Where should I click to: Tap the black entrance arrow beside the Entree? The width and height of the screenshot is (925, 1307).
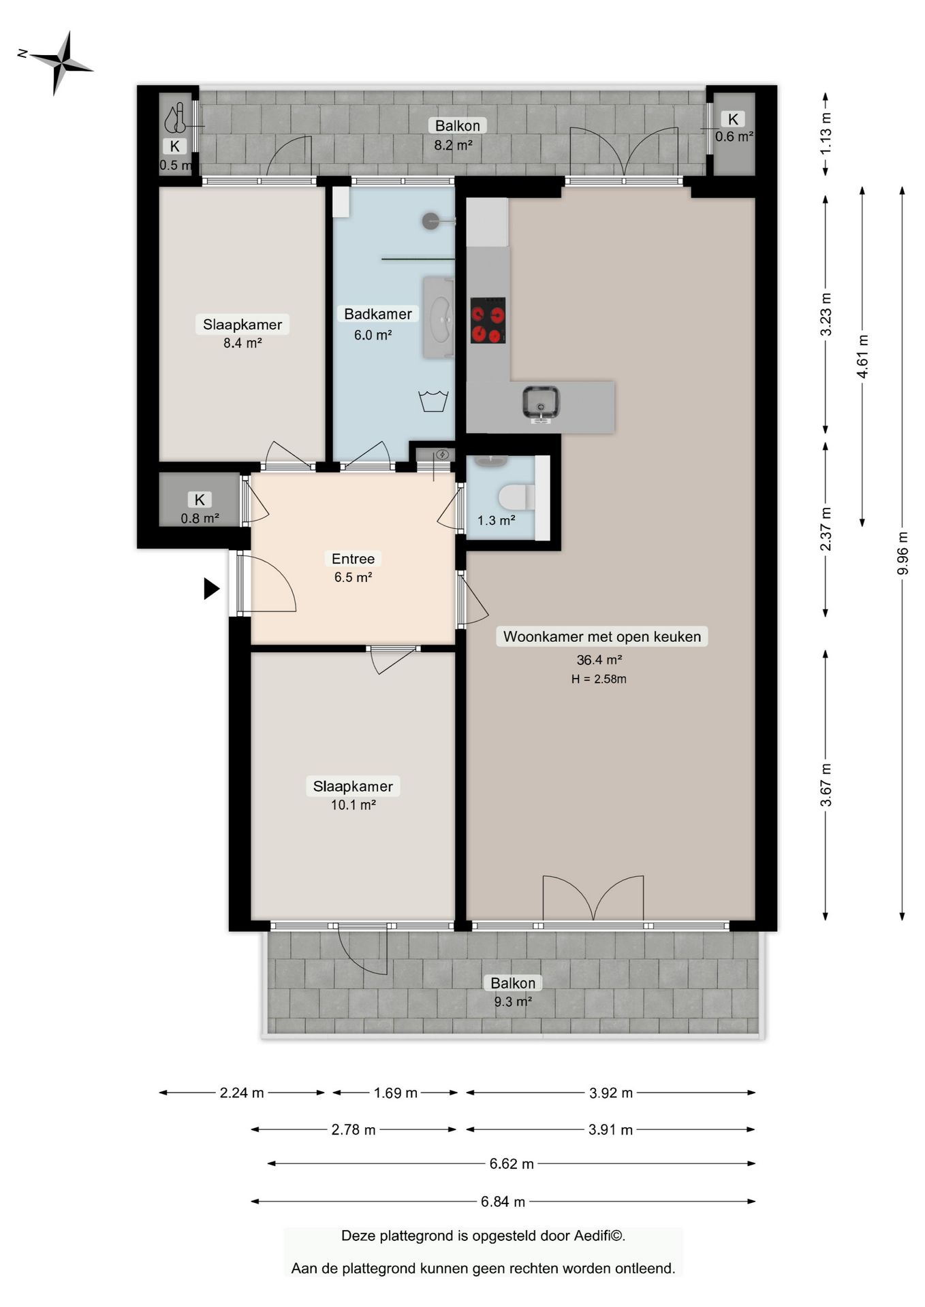click(212, 588)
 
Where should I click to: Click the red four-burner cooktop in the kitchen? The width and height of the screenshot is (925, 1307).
click(488, 320)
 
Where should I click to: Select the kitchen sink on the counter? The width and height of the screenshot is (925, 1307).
click(542, 403)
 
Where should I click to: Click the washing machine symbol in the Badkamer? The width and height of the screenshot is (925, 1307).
click(433, 401)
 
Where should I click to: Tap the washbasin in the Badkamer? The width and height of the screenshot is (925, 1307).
click(439, 317)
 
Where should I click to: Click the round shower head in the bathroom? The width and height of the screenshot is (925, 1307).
click(430, 221)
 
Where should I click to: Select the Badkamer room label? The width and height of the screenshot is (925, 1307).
click(378, 314)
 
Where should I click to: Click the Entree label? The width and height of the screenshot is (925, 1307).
click(353, 559)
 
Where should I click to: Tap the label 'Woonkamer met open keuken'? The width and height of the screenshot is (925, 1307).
click(602, 636)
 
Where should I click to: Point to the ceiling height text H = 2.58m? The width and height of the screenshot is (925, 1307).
click(599, 679)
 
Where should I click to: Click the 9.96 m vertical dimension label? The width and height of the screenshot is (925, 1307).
click(903, 552)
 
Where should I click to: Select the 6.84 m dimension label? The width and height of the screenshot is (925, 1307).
click(503, 1201)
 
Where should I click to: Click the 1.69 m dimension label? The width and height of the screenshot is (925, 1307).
click(395, 1093)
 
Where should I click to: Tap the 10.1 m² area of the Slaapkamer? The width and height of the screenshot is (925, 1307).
click(354, 805)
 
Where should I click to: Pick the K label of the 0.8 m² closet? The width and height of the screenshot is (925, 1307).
click(200, 500)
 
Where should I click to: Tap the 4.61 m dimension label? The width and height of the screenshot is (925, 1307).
click(862, 357)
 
